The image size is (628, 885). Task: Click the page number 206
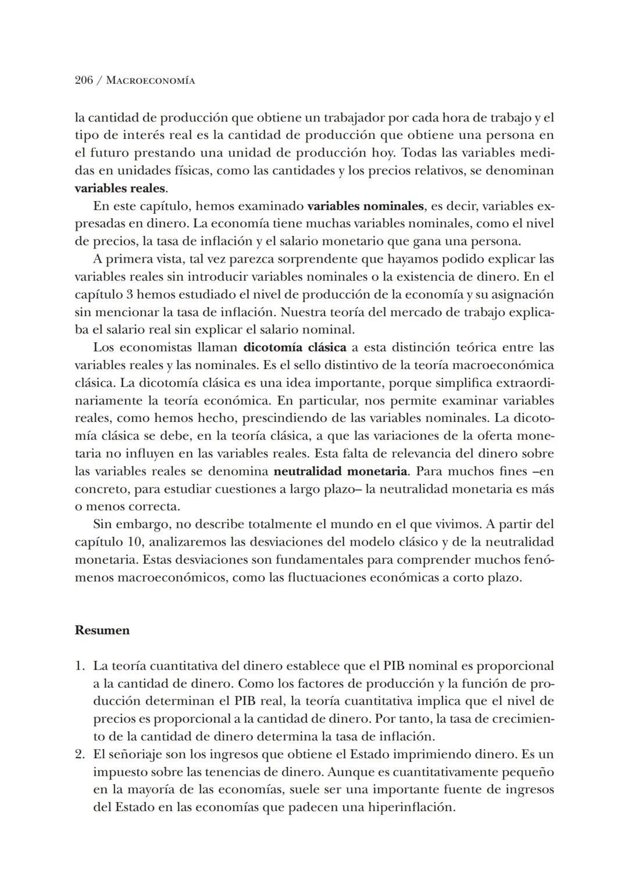(x=84, y=81)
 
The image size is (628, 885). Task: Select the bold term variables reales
(x=120, y=189)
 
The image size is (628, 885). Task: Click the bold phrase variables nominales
(x=365, y=206)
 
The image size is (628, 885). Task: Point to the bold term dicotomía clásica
(x=294, y=347)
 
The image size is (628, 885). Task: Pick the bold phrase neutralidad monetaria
(x=341, y=471)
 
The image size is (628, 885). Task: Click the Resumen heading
(x=102, y=630)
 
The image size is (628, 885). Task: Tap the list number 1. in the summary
(x=80, y=666)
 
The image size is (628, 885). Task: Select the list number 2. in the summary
(x=80, y=754)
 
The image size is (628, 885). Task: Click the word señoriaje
(x=137, y=754)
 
